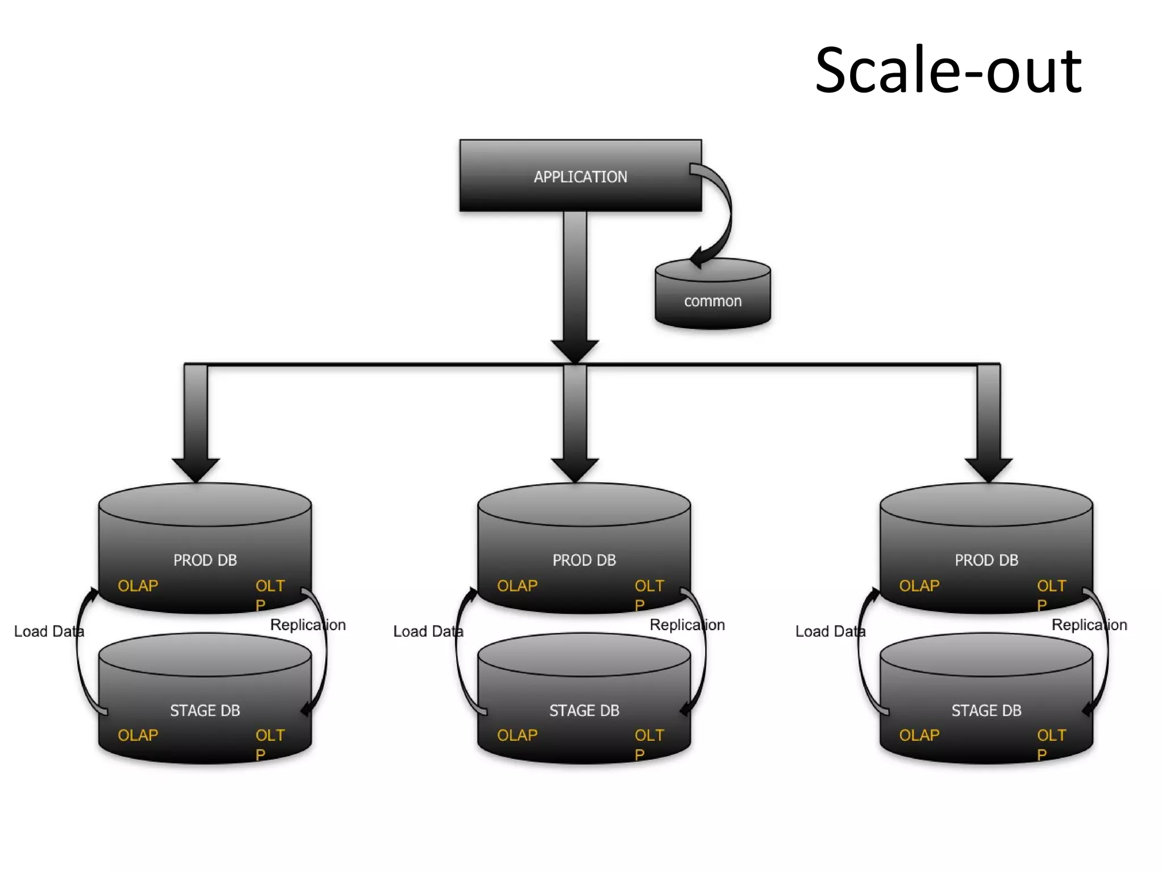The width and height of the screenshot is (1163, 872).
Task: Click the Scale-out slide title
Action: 948,70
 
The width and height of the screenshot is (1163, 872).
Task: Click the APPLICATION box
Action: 580,176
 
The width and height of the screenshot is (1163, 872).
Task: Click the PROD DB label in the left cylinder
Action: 205,560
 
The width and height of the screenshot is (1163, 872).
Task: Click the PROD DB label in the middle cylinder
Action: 584,560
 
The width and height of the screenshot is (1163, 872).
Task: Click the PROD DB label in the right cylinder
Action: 986,560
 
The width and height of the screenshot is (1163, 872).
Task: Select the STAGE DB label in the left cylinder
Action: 205,710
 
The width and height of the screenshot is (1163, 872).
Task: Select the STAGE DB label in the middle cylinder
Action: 584,710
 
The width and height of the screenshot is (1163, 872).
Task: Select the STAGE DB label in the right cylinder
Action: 986,710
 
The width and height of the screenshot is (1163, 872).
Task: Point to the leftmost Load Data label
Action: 49,631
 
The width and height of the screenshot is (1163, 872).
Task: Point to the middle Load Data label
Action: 428,631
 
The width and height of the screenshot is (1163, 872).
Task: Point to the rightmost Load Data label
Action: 830,631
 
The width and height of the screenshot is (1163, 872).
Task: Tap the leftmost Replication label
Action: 308,625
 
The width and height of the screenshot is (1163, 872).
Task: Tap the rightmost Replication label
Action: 1089,625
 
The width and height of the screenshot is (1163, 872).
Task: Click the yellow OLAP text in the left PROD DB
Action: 138,586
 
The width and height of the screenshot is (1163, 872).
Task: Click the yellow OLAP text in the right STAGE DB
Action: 919,735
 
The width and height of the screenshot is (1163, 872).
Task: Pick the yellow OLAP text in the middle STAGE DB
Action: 517,735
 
